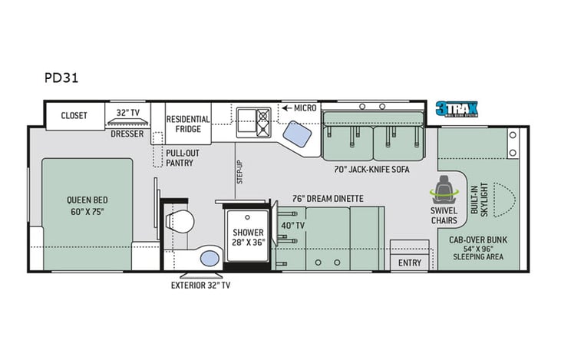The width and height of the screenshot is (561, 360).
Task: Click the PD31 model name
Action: point(61,78)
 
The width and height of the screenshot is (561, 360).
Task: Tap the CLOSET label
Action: point(74,116)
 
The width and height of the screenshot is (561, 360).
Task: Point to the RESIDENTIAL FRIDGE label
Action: point(189,124)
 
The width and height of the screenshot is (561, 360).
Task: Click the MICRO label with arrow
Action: point(299,108)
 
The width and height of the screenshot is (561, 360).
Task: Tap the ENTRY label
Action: point(409,263)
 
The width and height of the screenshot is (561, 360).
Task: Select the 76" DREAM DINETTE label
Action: point(326,198)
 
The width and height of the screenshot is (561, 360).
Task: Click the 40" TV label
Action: point(292,225)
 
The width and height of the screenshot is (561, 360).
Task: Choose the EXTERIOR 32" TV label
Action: point(200,285)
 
